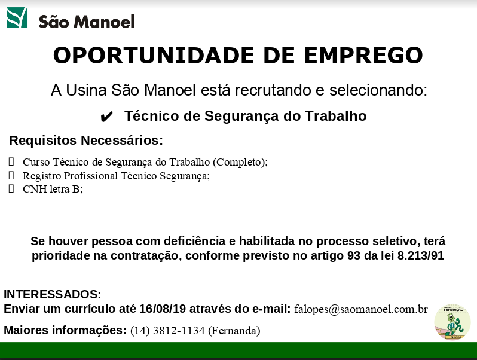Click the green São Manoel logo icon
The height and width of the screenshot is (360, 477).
coord(17,18)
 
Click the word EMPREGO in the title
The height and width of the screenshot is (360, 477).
coord(363,56)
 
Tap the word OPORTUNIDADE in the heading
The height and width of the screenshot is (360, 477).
coord(154,56)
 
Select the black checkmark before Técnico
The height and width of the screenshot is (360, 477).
coord(106,117)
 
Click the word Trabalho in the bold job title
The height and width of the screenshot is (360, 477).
coord(335,116)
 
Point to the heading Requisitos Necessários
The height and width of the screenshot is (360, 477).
coord(86,141)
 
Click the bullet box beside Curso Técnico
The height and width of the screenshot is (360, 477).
coord(11,161)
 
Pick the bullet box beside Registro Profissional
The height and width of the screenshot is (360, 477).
coord(11,175)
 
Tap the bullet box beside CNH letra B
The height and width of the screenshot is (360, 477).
coord(11,189)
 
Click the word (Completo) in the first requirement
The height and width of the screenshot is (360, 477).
coord(240,162)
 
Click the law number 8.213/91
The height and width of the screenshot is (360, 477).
coord(421,255)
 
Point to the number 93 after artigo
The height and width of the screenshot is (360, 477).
coord(354,255)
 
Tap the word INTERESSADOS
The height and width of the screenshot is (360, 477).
coord(53,294)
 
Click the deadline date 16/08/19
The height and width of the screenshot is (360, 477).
coord(163,309)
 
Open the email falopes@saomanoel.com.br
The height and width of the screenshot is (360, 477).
coord(361,309)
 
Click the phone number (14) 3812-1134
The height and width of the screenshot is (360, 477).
coord(167,331)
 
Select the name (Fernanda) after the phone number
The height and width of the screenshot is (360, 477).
coord(234,331)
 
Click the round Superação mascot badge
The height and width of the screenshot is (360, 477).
coord(452,322)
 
